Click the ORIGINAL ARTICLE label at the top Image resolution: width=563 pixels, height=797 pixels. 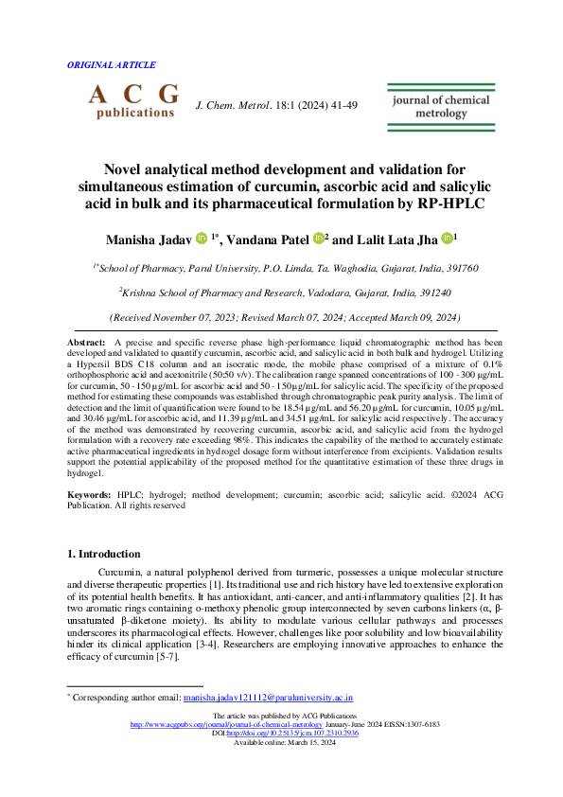(x=112, y=65)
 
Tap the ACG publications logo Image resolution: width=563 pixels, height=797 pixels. (x=133, y=100)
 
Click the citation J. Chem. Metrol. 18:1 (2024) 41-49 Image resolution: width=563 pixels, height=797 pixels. (x=275, y=106)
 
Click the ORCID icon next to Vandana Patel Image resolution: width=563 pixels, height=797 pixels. (x=319, y=239)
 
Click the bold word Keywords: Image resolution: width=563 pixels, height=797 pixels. (x=90, y=495)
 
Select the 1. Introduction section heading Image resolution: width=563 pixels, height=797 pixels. (x=108, y=552)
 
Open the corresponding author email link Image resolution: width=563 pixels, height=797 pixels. (x=269, y=697)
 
